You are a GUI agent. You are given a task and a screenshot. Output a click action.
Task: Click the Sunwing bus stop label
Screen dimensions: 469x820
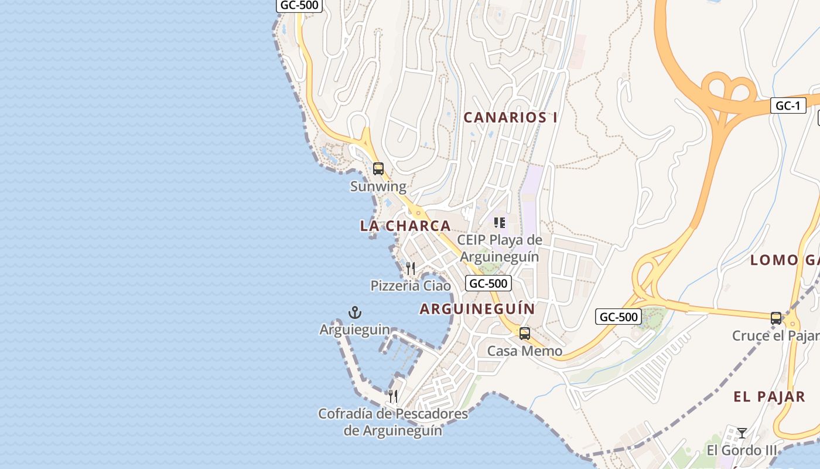point(378,186)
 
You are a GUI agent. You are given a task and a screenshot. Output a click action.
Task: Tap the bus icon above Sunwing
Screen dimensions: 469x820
point(378,169)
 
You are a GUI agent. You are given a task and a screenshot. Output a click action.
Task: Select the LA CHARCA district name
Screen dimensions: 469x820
point(405,226)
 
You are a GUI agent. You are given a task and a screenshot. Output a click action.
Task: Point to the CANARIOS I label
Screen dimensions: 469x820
point(510,117)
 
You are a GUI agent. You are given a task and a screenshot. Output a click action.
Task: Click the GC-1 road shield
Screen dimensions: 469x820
point(788,106)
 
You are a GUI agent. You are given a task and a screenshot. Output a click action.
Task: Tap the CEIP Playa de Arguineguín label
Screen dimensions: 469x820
point(500,248)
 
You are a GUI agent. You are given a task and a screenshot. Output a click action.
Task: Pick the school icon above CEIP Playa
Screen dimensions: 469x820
point(500,223)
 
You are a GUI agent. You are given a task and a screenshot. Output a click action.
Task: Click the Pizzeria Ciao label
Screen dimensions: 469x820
point(411,286)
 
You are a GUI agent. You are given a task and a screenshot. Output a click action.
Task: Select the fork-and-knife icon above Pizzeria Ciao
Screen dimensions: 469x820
point(411,269)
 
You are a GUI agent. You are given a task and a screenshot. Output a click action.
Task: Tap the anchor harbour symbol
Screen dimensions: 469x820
point(354,312)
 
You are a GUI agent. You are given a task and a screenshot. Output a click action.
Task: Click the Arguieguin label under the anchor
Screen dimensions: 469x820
point(354,329)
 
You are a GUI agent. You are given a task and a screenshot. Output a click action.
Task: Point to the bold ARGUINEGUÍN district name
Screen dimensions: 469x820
point(477,309)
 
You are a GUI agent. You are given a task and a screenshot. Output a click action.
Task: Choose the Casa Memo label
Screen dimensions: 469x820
point(525,351)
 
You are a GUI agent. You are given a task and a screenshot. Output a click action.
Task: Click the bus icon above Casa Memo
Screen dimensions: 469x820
point(525,334)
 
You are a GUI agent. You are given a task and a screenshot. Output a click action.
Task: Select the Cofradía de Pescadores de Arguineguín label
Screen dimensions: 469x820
point(393,422)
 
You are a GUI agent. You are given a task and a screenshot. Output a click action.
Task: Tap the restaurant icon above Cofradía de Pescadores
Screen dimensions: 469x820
point(393,396)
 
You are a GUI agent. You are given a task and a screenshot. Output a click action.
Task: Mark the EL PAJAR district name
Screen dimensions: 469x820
point(769,397)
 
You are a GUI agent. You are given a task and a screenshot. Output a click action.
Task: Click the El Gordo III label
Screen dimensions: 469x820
point(742,450)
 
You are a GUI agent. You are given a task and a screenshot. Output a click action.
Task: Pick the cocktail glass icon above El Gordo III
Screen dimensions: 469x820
point(742,433)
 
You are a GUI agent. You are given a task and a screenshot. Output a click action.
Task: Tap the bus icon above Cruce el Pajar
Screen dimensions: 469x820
point(776,318)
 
